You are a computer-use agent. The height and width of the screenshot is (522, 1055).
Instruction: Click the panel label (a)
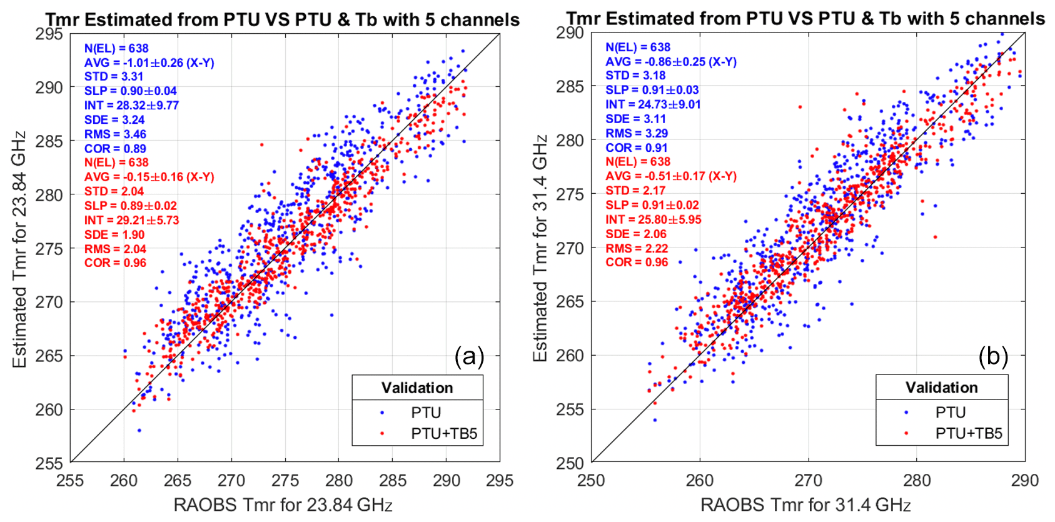470,356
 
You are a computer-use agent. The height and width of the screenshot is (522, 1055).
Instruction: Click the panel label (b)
993,356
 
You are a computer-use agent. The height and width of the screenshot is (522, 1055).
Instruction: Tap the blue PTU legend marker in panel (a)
382,413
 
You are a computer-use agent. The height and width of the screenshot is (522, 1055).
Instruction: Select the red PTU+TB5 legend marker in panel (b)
906,433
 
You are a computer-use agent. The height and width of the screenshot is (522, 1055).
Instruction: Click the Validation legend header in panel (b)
941,388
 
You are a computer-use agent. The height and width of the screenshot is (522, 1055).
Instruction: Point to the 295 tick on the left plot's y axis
49,34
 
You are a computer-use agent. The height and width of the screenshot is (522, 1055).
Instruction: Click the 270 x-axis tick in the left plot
231,480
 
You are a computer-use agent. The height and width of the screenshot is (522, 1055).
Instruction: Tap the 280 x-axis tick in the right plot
917,480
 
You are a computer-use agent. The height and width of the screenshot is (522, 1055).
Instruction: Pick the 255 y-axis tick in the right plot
570,409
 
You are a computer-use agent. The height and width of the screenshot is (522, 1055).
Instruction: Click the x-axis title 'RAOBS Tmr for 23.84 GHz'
283,504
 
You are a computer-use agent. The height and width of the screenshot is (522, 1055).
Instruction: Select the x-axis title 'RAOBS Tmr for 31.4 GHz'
805,504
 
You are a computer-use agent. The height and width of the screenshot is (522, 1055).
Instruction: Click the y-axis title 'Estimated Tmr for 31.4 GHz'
540,248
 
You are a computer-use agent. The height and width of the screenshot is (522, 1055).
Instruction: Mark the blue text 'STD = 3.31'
114,76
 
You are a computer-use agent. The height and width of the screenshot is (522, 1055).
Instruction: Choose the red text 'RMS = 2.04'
115,249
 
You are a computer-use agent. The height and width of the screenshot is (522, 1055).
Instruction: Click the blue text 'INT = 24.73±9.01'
653,104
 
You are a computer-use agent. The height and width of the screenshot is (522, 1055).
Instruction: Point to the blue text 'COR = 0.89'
115,149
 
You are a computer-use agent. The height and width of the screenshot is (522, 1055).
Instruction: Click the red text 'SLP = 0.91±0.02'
652,205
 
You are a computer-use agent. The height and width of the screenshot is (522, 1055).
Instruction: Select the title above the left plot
283,20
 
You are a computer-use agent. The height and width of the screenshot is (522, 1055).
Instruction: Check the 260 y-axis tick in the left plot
49,409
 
